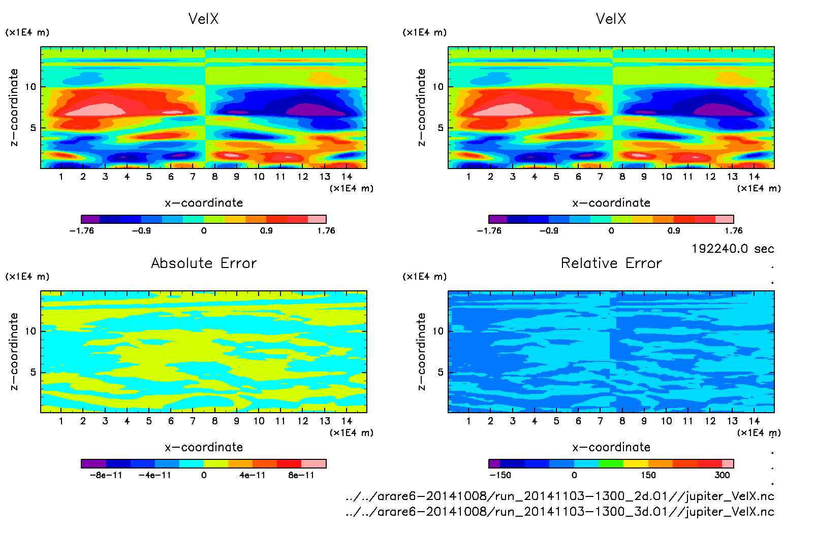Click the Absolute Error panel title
point(204,263)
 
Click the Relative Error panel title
point(611,263)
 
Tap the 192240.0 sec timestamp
point(733,249)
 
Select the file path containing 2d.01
point(559,496)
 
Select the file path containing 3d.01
point(559,512)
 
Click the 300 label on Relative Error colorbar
point(722,475)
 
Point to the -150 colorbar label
point(500,475)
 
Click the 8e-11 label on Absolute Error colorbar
point(301,475)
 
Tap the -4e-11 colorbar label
point(155,475)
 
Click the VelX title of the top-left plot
point(203,19)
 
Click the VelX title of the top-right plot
point(611,19)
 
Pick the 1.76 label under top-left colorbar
point(326,230)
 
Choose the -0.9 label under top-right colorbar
point(549,230)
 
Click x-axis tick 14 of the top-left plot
point(347,177)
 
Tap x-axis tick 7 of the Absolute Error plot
point(193,421)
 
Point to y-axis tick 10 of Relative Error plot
point(438,331)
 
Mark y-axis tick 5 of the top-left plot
point(33,128)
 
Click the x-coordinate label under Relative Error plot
point(611,447)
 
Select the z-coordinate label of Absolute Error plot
point(14,351)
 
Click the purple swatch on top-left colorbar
point(90,219)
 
